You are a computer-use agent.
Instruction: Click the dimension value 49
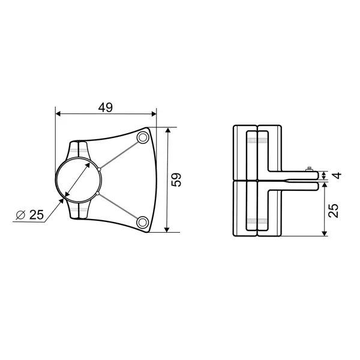[x=106, y=107]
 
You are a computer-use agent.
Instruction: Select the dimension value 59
[x=176, y=179]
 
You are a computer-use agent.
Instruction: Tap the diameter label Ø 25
[x=30, y=215]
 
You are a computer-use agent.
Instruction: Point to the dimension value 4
[x=337, y=176]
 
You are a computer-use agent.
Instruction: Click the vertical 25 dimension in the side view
[x=334, y=211]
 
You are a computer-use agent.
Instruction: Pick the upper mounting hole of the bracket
[x=143, y=137]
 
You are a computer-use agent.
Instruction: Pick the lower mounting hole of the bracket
[x=143, y=222]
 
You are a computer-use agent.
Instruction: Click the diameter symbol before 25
[x=20, y=215]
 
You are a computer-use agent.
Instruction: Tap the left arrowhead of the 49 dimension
[x=58, y=113]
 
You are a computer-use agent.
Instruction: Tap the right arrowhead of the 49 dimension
[x=154, y=113]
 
